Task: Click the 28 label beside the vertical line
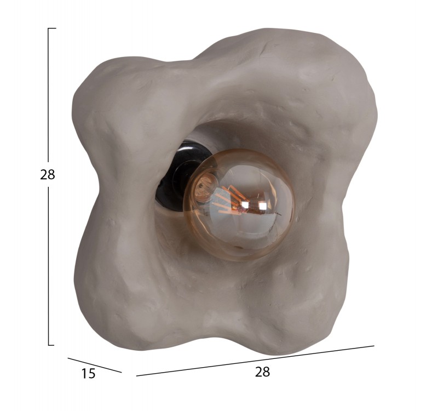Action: (48, 175)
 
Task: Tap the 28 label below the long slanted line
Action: (262, 372)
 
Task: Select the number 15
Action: (88, 374)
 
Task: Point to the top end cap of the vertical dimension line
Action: (52, 28)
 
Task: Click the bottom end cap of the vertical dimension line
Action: (51, 345)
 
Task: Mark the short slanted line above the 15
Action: (95, 365)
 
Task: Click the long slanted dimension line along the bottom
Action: (255, 361)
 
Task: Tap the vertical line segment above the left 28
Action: (48, 95)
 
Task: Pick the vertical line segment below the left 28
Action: (49, 266)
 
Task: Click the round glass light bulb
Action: (239, 205)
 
